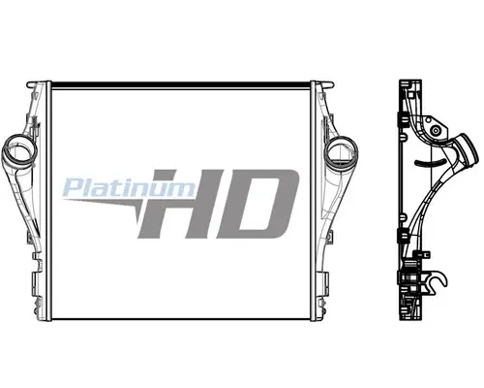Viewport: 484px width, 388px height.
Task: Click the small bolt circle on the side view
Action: point(436,130)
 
